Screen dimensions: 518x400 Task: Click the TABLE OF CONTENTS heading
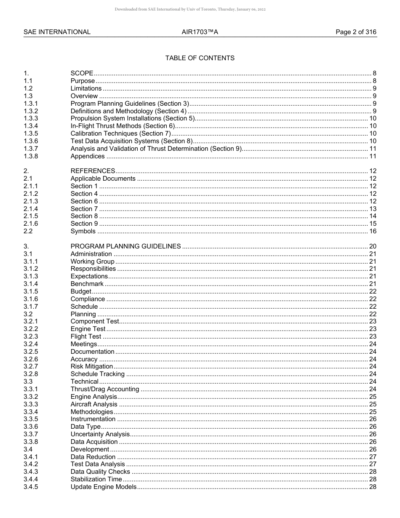[200, 58]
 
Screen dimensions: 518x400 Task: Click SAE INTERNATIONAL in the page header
[57, 32]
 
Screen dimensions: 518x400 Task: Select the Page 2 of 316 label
[356, 32]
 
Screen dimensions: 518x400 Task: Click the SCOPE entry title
[82, 73]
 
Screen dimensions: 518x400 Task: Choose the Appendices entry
[88, 156]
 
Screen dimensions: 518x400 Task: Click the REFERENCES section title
[93, 171]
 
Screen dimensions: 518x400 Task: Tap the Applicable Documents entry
[103, 179]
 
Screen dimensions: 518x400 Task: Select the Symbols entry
[83, 231]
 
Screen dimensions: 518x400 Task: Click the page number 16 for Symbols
[373, 231]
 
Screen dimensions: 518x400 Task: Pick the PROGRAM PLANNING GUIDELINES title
[125, 246]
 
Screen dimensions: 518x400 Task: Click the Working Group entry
[92, 262]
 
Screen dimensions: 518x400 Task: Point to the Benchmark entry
[87, 284]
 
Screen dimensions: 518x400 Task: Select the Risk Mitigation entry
[91, 366]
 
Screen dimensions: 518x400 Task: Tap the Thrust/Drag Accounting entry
[104, 389]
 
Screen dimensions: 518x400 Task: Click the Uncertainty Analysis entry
[100, 434]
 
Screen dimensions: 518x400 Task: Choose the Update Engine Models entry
[103, 487]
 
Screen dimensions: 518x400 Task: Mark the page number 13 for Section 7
[373, 209]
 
